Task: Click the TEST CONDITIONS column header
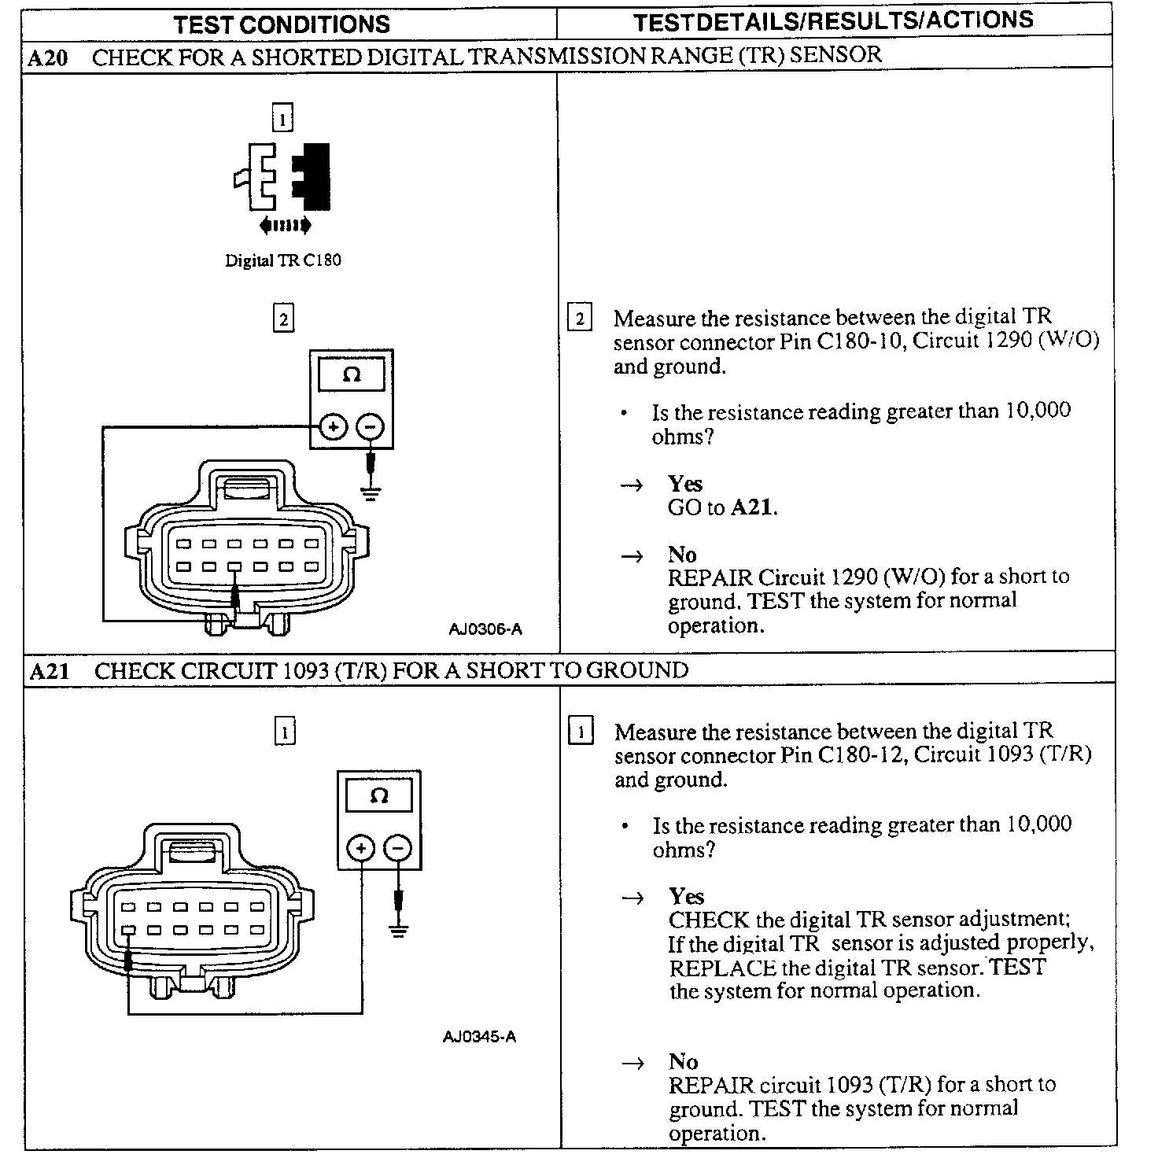282,24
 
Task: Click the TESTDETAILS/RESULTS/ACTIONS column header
833,21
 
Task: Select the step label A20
48,57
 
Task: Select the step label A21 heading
50,671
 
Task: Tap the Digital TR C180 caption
283,260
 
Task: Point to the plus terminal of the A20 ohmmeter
334,427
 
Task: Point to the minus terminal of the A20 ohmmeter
371,427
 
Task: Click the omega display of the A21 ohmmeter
379,795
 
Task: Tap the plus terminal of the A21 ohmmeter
361,848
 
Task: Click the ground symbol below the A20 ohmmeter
371,493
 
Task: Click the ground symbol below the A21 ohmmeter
400,931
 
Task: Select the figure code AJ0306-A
485,629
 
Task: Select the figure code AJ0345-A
480,1036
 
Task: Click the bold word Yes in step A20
684,483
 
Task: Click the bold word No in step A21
683,1061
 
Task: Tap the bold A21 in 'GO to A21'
752,507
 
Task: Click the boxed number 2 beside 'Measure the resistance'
580,319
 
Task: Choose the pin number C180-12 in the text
864,755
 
